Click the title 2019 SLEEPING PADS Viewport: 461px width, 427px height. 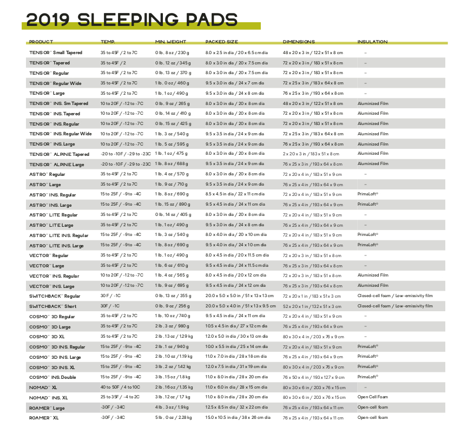point(132,20)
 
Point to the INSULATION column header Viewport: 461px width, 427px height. point(372,42)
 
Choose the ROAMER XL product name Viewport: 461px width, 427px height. point(44,418)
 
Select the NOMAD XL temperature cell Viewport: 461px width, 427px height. point(120,387)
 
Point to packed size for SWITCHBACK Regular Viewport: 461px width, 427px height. point(239,296)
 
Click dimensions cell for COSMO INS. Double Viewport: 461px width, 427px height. point(313,377)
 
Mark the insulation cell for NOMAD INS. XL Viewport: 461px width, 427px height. point(373,397)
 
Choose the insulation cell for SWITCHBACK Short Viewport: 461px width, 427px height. point(394,306)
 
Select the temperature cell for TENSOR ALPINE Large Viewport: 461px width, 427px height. point(126,164)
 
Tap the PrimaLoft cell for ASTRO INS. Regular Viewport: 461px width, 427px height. point(368,194)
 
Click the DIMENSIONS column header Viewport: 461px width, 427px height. point(299,42)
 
